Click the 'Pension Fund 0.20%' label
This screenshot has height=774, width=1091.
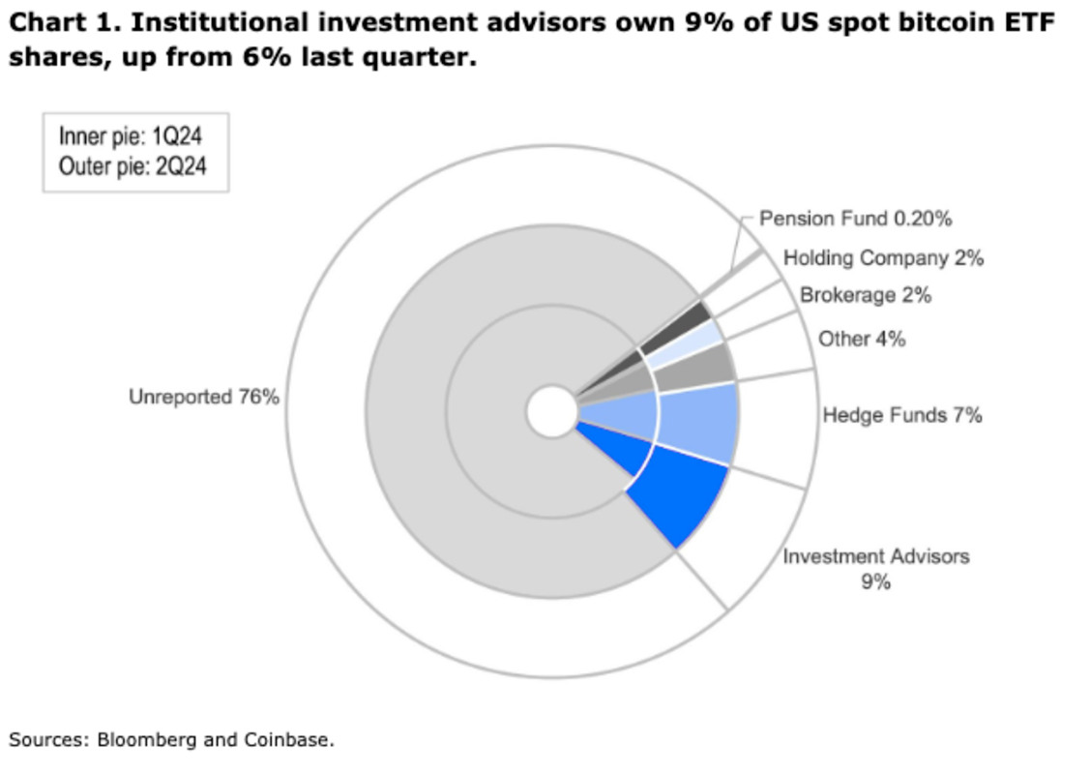[855, 219]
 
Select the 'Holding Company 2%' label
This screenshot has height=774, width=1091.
[882, 258]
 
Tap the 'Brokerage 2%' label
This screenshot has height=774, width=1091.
[865, 296]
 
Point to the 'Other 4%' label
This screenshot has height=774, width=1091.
[861, 339]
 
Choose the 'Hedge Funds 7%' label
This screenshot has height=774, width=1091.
[901, 415]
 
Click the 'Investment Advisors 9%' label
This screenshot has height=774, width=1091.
[875, 569]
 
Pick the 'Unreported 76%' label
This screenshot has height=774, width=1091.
[204, 397]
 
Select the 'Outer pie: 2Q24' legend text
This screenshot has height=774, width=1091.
[133, 165]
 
